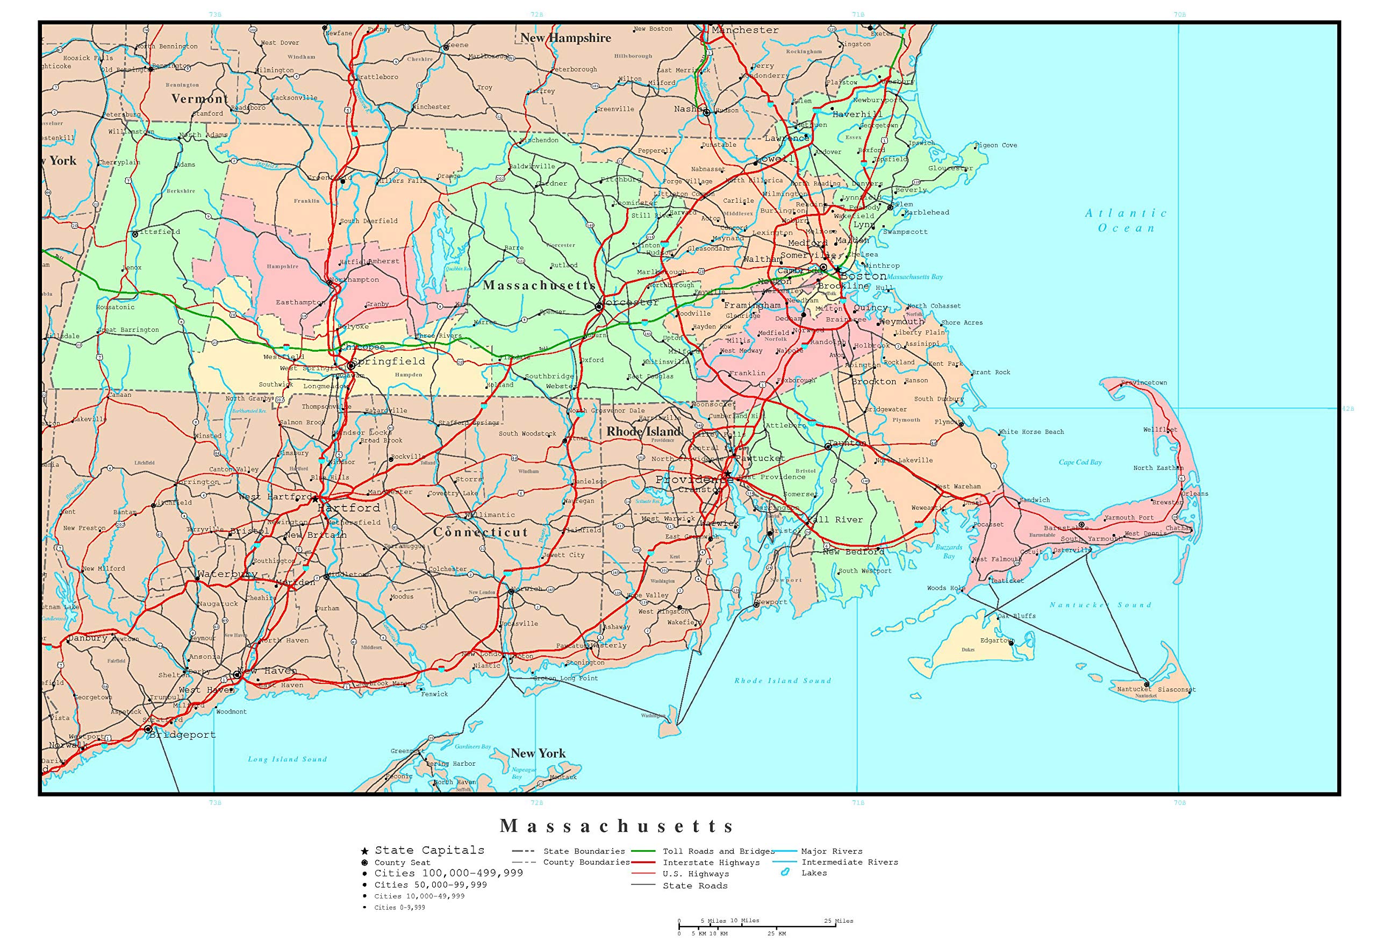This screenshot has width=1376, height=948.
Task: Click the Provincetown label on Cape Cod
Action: (x=1144, y=383)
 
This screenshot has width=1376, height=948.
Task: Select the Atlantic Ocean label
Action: (x=1126, y=220)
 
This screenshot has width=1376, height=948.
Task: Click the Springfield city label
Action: (x=389, y=361)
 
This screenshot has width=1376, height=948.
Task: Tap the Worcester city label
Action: (x=630, y=302)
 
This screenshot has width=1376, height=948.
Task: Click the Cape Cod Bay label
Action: (x=1080, y=462)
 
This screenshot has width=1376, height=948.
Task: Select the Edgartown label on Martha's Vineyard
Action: (x=996, y=640)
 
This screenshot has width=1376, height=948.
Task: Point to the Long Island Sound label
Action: (x=288, y=759)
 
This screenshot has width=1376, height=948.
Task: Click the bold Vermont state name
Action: (x=199, y=98)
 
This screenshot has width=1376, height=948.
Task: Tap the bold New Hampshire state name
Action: (x=565, y=38)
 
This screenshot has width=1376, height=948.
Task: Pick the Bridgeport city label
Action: (x=182, y=735)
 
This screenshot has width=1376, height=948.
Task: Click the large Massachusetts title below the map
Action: (x=618, y=825)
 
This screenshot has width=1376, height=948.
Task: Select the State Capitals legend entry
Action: (x=429, y=850)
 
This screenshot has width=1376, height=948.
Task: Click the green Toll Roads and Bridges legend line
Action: (x=643, y=851)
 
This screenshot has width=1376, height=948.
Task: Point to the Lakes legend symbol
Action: (x=785, y=873)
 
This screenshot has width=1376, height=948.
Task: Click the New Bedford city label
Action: (x=853, y=552)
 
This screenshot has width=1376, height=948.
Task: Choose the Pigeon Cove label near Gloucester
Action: (x=995, y=145)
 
